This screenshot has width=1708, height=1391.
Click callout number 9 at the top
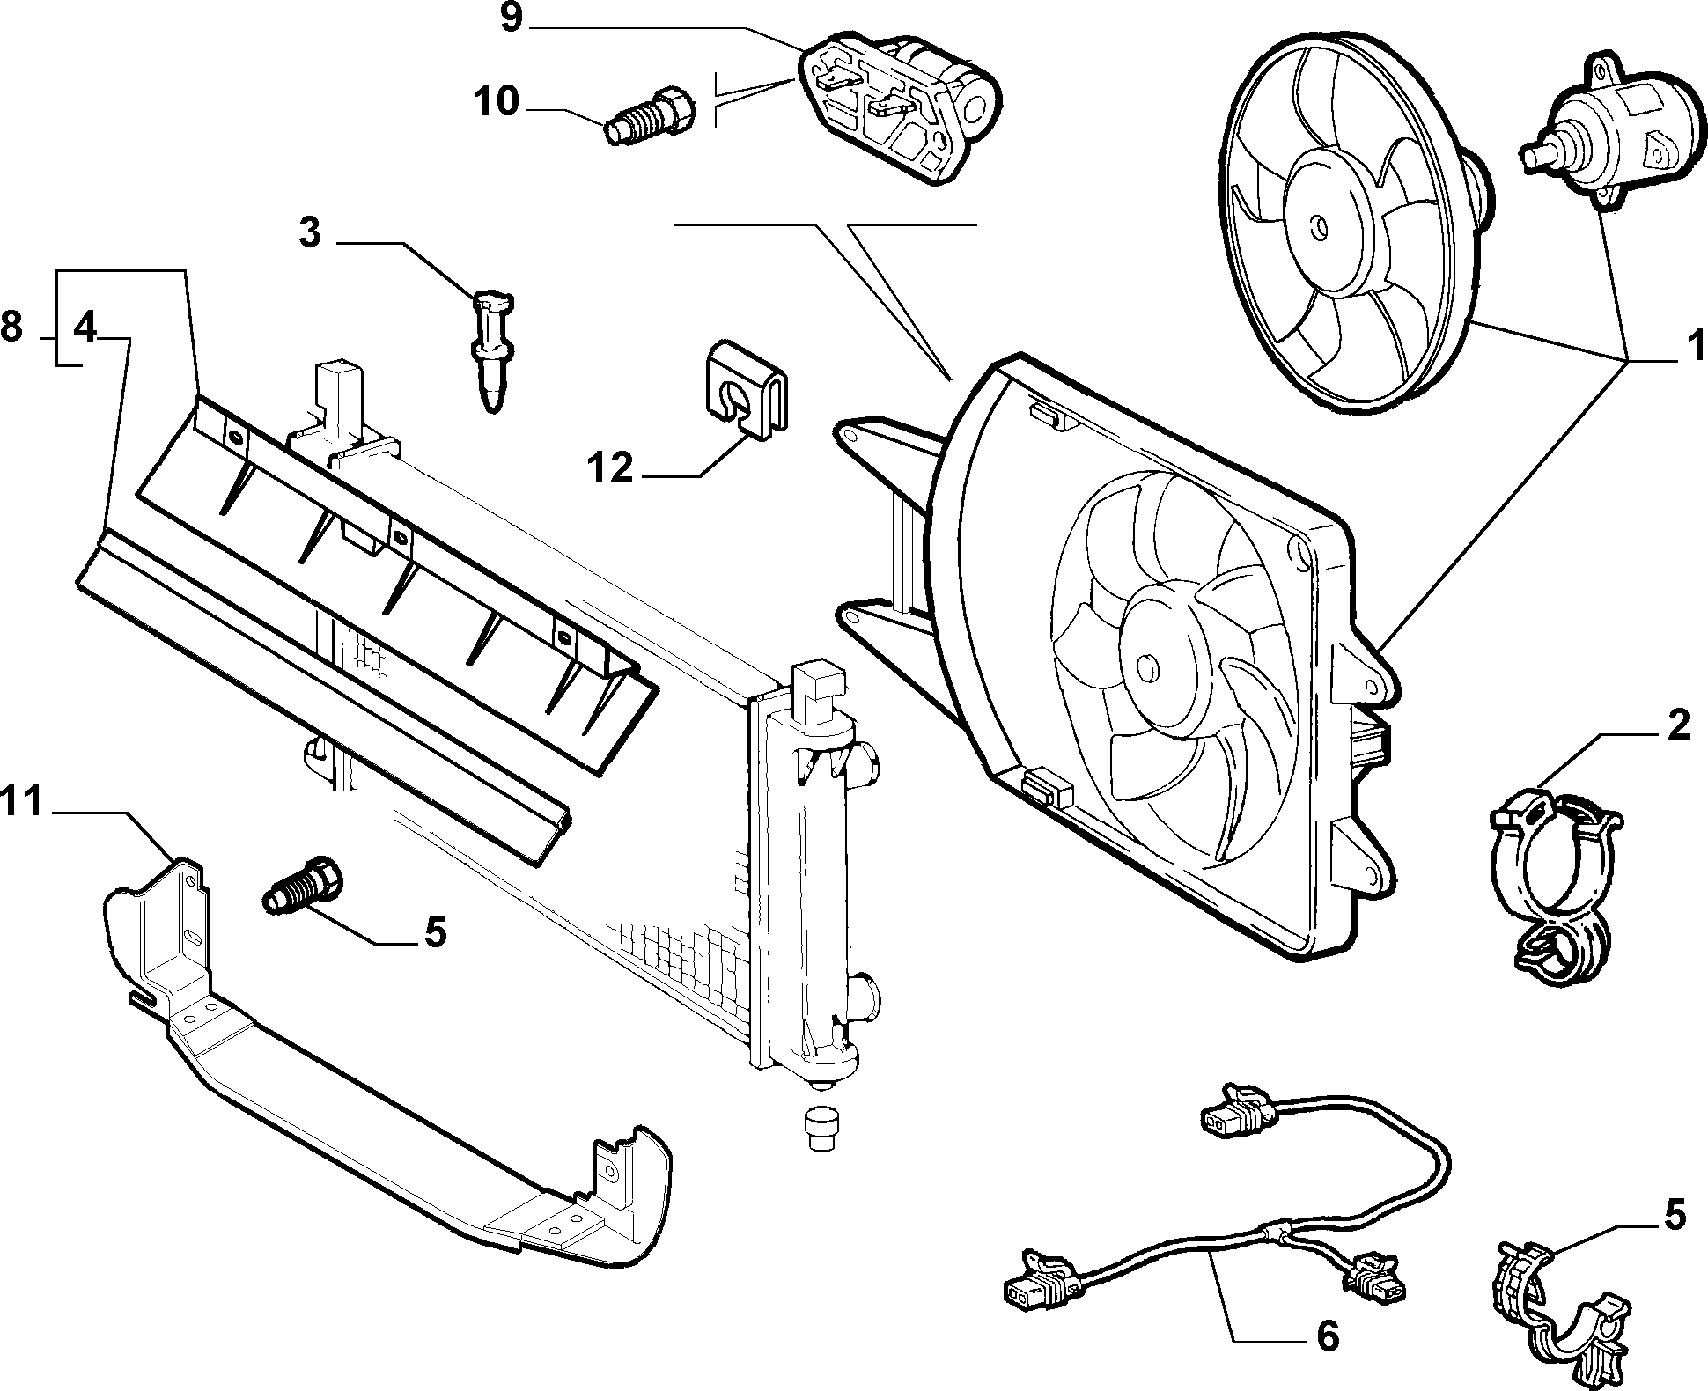512,19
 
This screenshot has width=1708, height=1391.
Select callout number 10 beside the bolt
497,103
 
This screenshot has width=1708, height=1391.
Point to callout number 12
612,468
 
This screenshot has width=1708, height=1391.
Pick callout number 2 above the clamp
1677,725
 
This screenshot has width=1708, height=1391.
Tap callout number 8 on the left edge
11,328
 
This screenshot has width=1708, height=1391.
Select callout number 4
85,328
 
